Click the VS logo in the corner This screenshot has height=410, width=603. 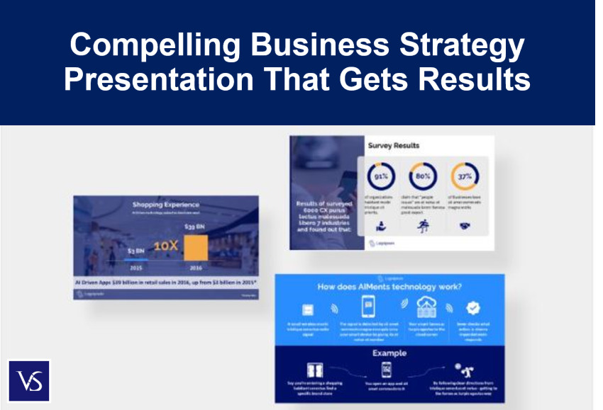(29, 381)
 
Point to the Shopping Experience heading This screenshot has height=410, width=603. (165, 205)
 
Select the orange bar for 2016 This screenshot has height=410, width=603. (196, 247)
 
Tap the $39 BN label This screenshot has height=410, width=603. (194, 227)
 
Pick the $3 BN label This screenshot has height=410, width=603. (137, 251)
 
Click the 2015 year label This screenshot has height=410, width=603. (137, 268)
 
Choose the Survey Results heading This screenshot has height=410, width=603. (393, 145)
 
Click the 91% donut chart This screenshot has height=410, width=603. (380, 176)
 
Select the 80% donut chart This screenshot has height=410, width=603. (423, 176)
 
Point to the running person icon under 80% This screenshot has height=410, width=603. (423, 226)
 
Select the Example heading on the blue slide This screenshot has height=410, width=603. (390, 353)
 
